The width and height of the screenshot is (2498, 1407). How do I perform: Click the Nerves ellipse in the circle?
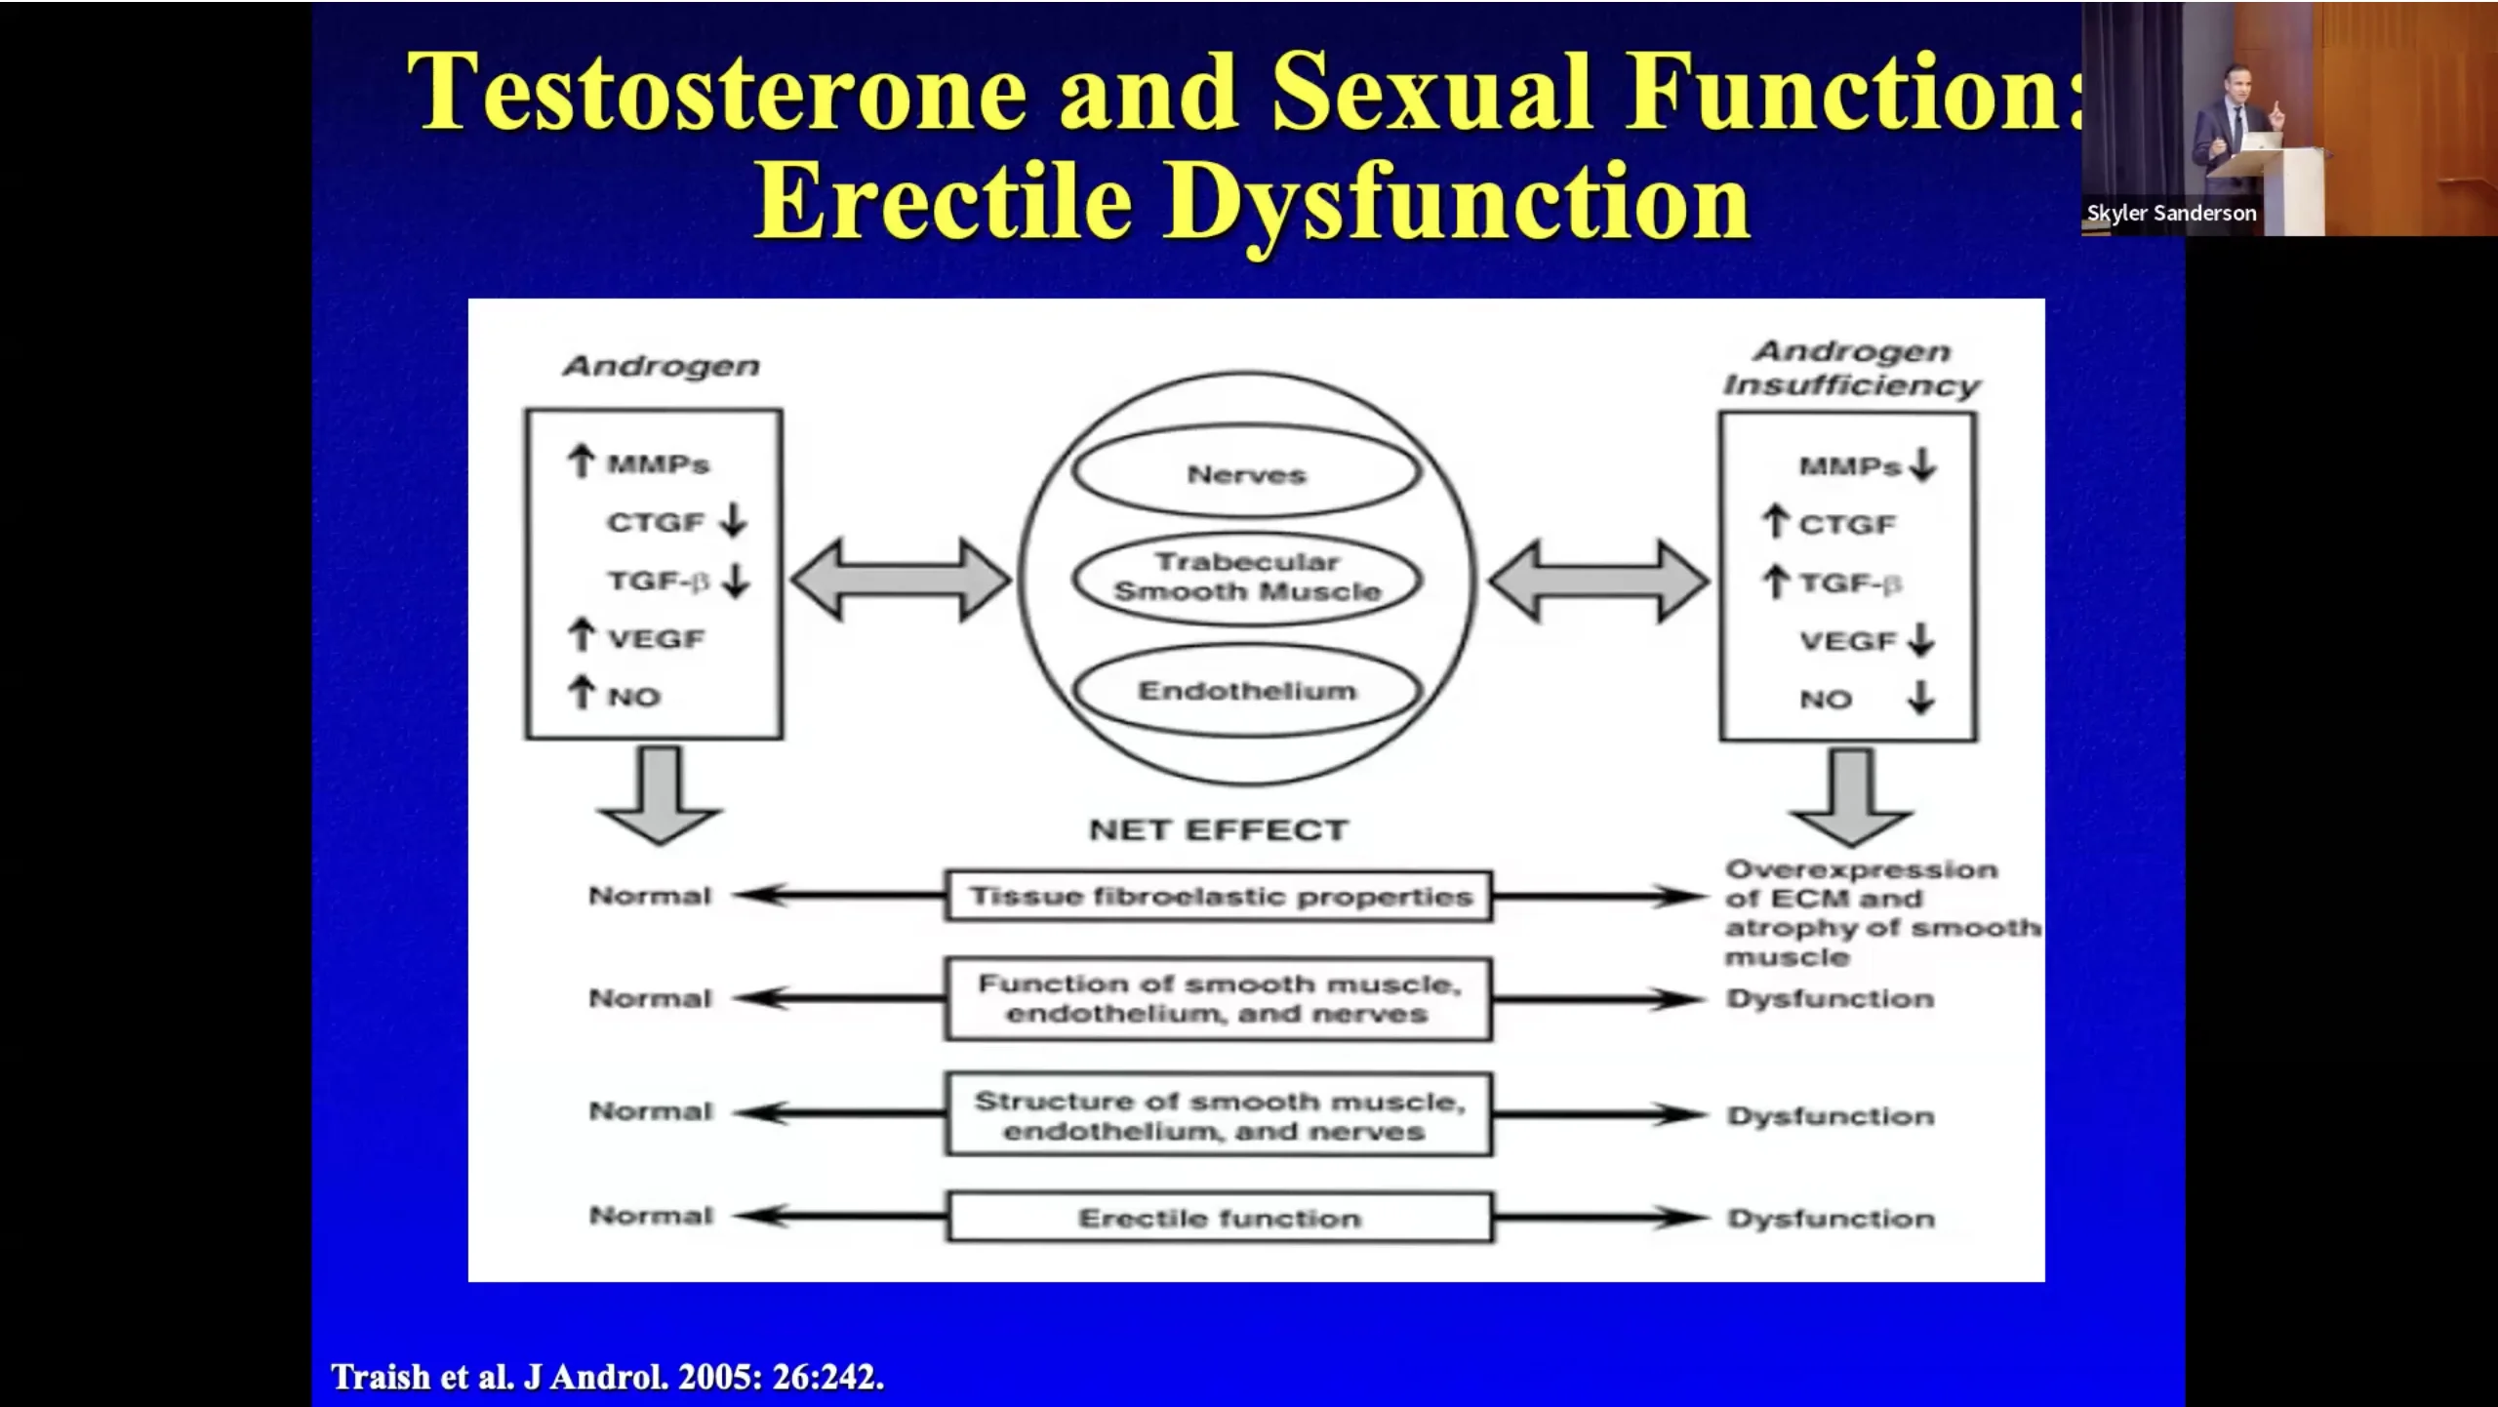(x=1246, y=473)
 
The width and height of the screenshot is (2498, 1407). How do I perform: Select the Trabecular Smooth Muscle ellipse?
(x=1246, y=578)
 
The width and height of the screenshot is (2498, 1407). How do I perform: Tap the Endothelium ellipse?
(x=1246, y=691)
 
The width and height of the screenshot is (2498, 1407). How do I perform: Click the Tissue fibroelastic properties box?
(x=1218, y=896)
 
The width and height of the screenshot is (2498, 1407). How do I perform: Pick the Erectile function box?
(x=1219, y=1218)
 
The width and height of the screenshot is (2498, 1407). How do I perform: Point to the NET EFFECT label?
(x=1218, y=829)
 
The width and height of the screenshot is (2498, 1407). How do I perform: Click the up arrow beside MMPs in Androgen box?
(x=582, y=461)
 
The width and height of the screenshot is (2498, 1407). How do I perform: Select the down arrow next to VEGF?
(x=1921, y=639)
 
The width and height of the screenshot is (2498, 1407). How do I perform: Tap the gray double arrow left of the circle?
(x=900, y=580)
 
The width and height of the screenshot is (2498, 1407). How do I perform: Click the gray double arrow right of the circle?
(x=1598, y=582)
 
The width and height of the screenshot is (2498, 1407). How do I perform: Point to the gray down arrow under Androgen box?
(x=661, y=795)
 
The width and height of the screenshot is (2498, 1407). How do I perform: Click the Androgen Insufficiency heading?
(x=1851, y=368)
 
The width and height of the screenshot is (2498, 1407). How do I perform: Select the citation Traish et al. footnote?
(x=607, y=1377)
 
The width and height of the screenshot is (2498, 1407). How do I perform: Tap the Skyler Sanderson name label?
(x=2171, y=213)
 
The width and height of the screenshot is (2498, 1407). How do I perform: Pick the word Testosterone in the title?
(x=717, y=92)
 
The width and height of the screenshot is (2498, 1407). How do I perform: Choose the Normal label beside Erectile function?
(x=651, y=1216)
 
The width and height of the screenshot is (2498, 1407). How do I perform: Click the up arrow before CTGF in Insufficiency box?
(x=1776, y=522)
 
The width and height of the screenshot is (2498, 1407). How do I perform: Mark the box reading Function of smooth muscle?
(x=1218, y=998)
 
